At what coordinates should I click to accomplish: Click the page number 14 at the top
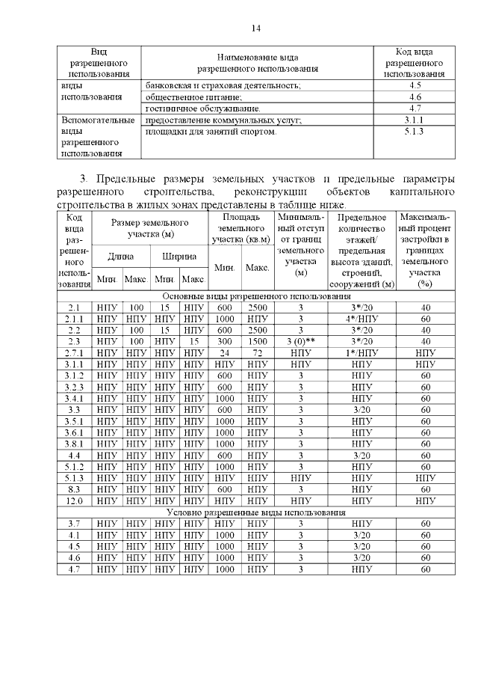click(256, 28)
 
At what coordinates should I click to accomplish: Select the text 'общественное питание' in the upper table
click(193, 97)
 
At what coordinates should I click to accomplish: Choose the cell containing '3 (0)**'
click(301, 340)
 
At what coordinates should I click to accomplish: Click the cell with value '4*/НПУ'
click(361, 319)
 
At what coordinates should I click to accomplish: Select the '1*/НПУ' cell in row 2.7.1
click(361, 352)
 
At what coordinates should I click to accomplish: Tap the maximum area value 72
click(257, 352)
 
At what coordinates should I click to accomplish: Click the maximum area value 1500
click(257, 340)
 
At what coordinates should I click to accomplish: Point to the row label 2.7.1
click(74, 352)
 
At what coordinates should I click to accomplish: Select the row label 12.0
click(74, 500)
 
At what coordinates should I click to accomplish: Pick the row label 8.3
click(74, 488)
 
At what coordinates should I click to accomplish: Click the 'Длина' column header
click(121, 256)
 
